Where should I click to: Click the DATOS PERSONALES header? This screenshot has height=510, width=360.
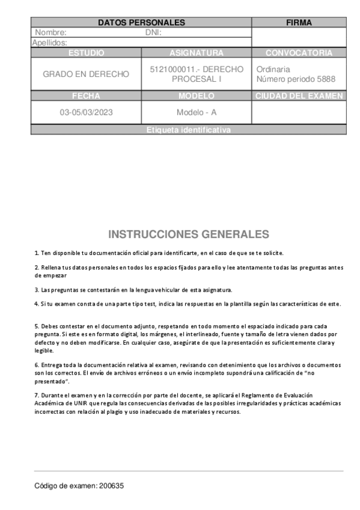[141, 23]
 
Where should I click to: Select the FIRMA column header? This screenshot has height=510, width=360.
[299, 23]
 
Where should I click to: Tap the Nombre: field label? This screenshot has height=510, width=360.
[50, 33]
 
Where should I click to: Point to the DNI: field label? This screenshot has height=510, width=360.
[154, 33]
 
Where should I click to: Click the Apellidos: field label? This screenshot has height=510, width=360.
[49, 43]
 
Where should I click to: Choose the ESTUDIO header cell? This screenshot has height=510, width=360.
[86, 53]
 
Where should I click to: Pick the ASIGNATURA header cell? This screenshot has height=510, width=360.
[197, 53]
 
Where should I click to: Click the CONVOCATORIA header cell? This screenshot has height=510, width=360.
[299, 53]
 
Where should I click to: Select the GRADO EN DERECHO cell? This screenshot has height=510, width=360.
[86, 74]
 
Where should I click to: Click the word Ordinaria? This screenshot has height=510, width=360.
[273, 69]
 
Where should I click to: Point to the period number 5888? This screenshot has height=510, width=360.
[325, 79]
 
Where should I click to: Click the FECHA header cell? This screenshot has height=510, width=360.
[86, 96]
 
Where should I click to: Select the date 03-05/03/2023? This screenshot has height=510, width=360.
[86, 112]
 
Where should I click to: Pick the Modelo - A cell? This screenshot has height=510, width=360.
[197, 112]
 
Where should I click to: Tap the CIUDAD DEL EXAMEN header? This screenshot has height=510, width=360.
[299, 96]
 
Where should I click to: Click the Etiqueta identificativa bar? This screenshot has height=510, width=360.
[188, 130]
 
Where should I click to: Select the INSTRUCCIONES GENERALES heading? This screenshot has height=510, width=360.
[189, 234]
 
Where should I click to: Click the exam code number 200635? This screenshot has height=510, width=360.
[112, 486]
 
